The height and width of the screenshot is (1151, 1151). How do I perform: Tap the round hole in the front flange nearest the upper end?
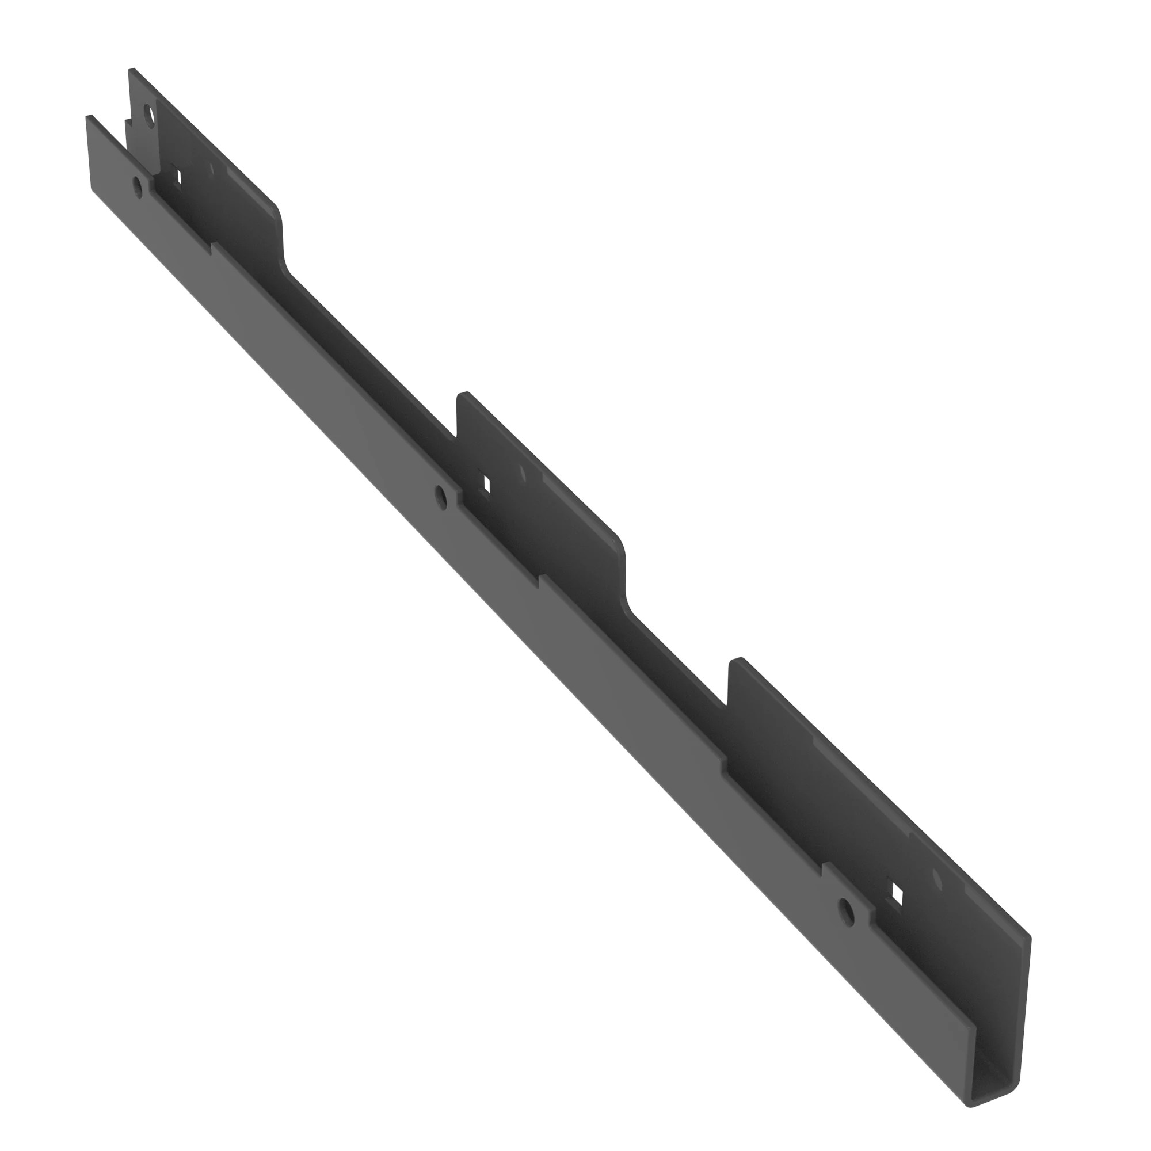click(138, 187)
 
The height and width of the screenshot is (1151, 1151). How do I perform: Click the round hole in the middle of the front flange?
click(441, 496)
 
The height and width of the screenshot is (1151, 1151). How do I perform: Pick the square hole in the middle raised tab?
click(487, 484)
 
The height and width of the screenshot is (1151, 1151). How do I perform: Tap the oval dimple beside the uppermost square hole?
click(209, 169)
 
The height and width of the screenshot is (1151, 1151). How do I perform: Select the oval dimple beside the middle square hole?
click(523, 475)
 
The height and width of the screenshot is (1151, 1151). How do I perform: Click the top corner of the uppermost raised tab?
click(132, 70)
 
